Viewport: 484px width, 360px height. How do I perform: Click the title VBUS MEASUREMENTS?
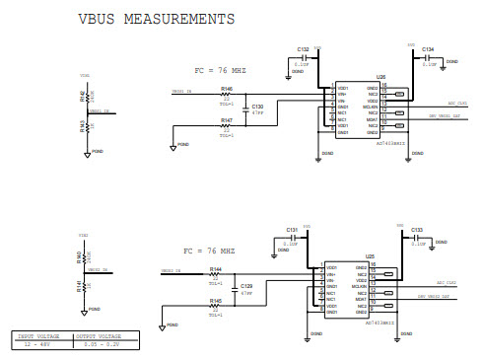coord(156,20)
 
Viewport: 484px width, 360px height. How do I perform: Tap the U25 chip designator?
coord(370,255)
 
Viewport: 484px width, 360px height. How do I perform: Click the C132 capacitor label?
coord(304,48)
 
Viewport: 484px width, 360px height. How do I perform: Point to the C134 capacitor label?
coord(428,48)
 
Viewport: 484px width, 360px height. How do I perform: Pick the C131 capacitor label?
coord(292,229)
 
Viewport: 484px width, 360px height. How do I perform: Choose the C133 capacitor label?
coord(417,229)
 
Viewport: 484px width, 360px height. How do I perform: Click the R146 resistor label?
coord(227,88)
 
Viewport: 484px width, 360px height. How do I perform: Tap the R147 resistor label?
coord(227,120)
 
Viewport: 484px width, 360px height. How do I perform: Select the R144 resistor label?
coord(215,268)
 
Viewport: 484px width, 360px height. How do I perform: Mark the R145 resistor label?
coord(215,300)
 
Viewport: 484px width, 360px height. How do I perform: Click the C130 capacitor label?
coord(258,106)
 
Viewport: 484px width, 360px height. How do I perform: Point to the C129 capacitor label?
coord(246,285)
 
